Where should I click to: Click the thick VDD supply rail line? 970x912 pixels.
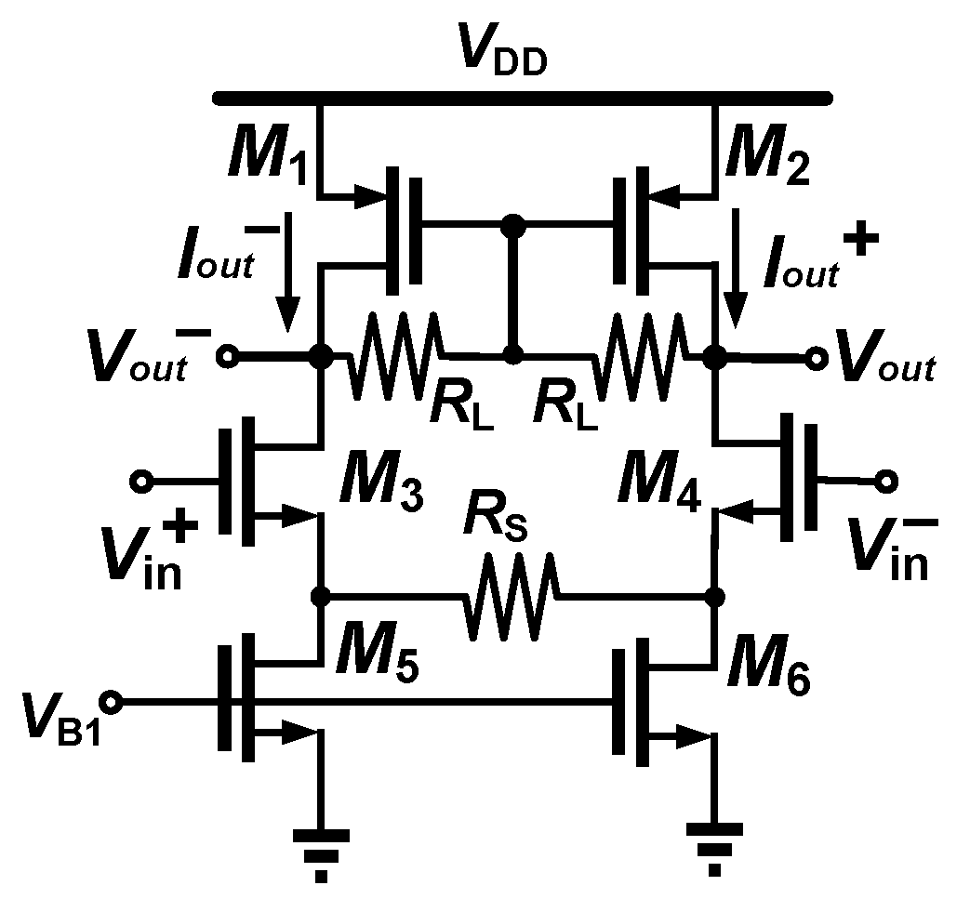click(x=521, y=96)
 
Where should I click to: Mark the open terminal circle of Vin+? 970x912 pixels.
click(x=141, y=482)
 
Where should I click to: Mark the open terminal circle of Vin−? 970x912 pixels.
click(x=885, y=482)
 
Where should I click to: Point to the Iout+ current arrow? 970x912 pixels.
click(x=736, y=270)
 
